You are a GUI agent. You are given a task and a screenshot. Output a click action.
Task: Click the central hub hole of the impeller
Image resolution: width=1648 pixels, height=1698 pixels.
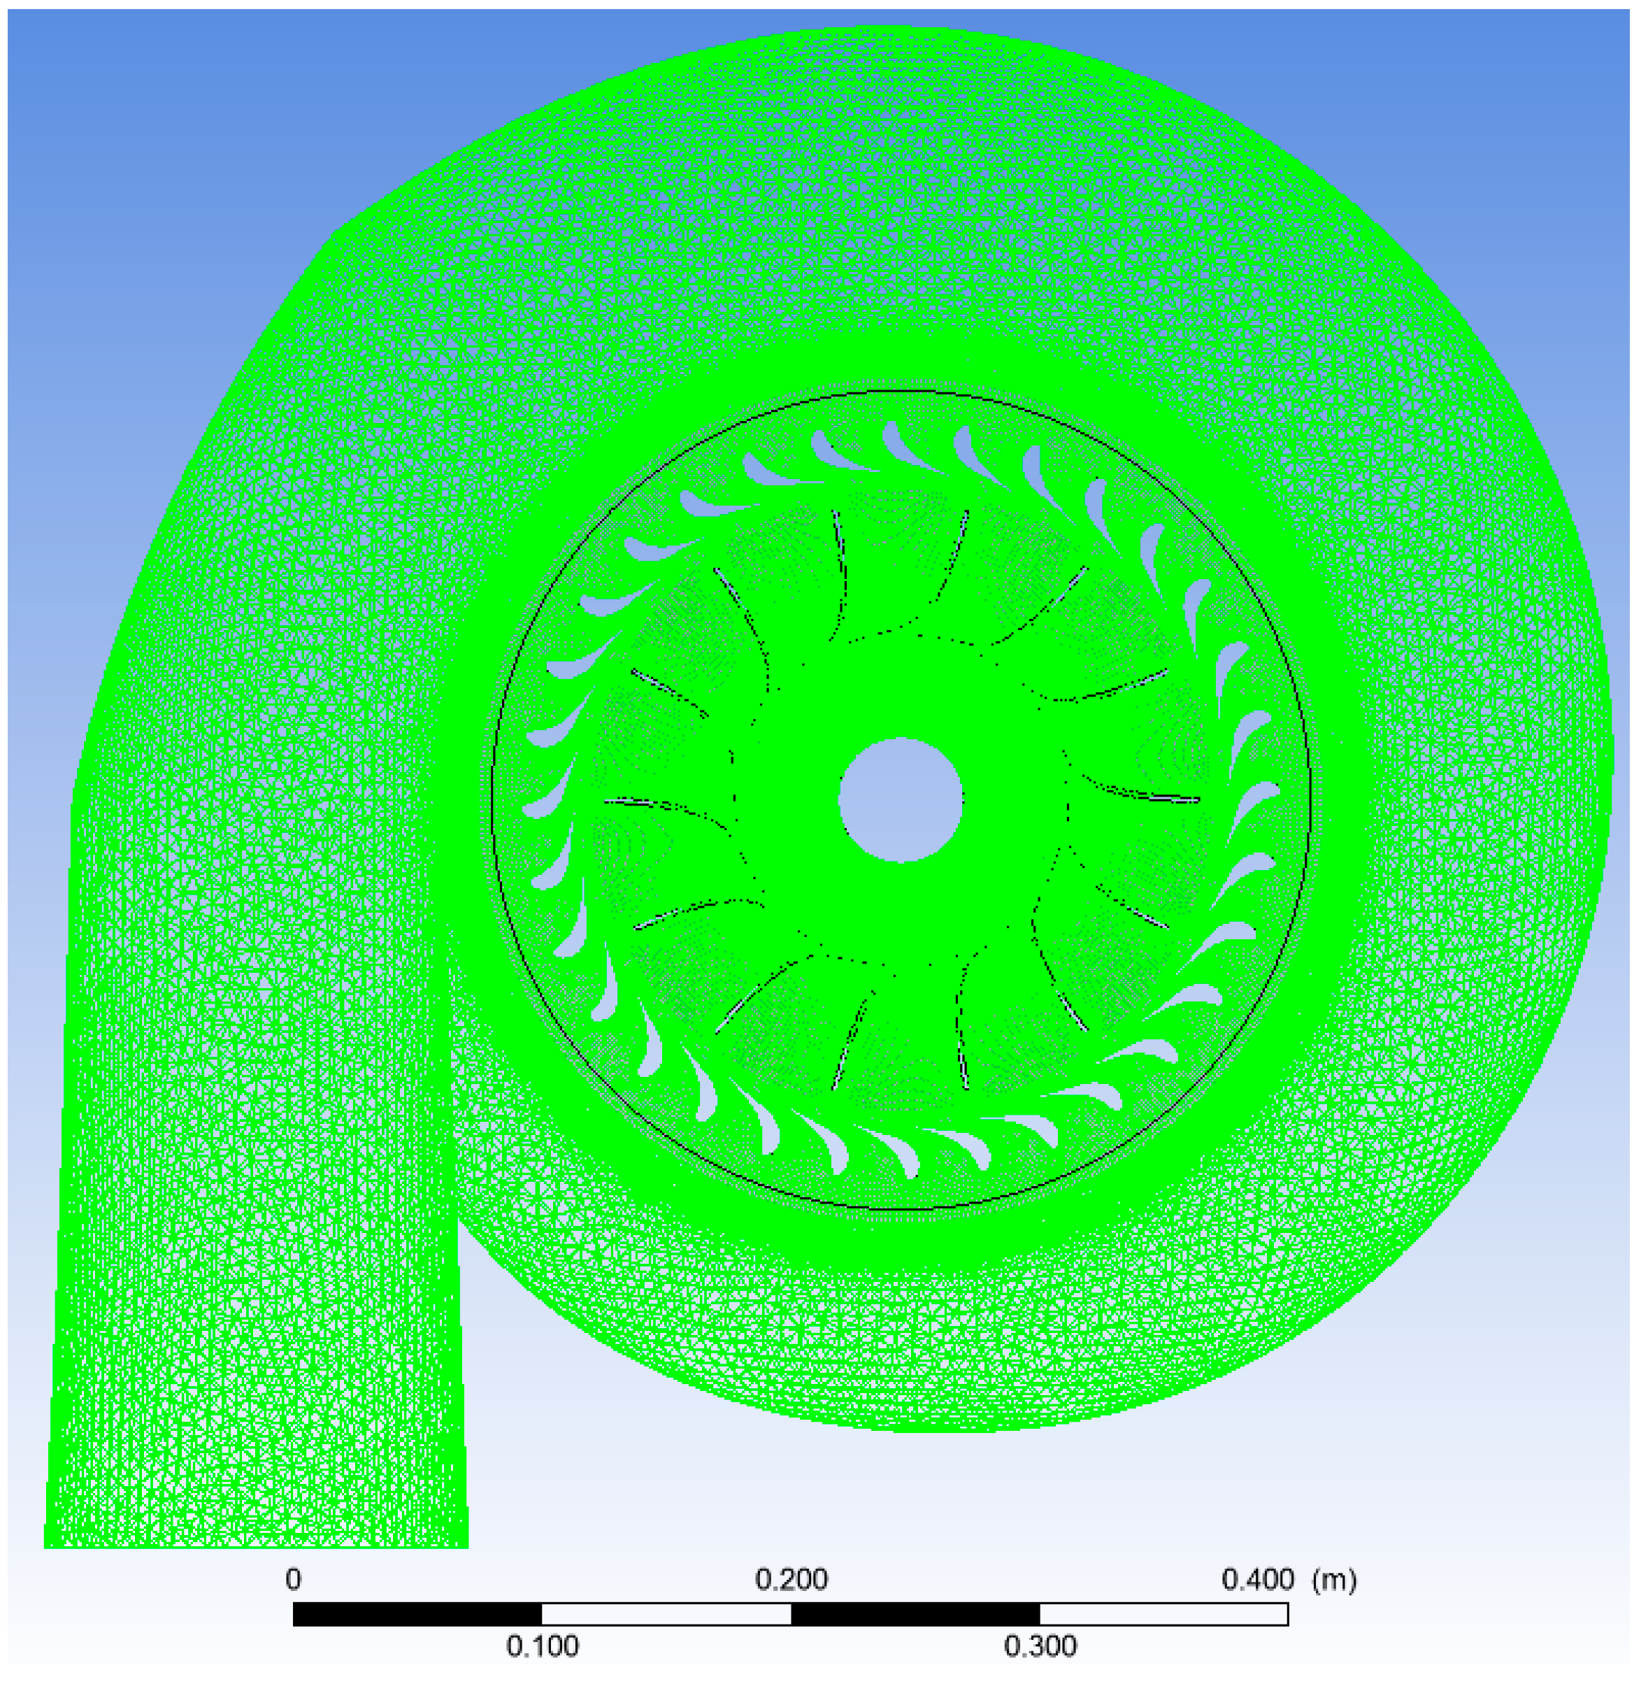[901, 799]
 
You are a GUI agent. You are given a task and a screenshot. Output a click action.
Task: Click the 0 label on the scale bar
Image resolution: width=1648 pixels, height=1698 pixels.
[294, 1579]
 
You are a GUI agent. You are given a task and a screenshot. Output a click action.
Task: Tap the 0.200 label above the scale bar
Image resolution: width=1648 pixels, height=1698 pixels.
[791, 1579]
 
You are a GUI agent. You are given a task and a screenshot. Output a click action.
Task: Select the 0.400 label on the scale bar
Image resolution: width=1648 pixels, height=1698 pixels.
[1257, 1579]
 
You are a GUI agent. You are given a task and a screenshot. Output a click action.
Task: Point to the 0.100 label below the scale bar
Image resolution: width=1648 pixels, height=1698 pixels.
[542, 1646]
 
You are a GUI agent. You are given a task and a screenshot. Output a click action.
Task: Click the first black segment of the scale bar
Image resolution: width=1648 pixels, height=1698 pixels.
[417, 1614]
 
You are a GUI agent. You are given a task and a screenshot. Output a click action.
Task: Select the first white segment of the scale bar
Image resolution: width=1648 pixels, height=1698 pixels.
[666, 1614]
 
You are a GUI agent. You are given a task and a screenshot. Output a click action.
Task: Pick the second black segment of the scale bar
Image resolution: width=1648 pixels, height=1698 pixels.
[915, 1614]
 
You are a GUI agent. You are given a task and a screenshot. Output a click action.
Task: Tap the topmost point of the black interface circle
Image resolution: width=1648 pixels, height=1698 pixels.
[901, 392]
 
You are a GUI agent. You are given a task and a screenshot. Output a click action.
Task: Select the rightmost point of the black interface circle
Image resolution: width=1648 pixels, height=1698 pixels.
[1310, 799]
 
